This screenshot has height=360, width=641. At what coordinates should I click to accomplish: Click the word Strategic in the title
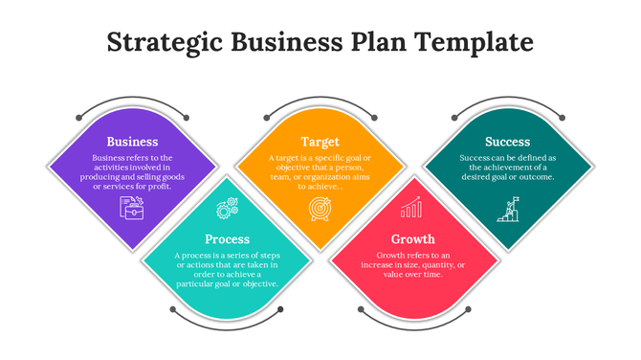(x=164, y=42)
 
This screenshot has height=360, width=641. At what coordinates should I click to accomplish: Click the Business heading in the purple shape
(x=132, y=142)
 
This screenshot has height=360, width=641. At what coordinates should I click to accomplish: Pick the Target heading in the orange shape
(x=320, y=142)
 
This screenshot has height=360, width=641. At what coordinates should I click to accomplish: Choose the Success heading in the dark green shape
(x=507, y=142)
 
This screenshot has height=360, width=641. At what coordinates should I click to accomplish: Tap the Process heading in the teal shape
(x=227, y=238)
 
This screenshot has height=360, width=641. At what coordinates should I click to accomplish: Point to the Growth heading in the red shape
(x=413, y=238)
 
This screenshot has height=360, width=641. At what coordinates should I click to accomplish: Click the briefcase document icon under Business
(x=132, y=207)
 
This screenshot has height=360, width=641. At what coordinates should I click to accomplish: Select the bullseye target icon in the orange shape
(x=320, y=209)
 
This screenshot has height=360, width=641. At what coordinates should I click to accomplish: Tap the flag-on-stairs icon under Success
(x=507, y=210)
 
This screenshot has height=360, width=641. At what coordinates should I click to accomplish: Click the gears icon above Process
(x=227, y=207)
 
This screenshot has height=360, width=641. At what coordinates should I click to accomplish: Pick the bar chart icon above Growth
(x=412, y=208)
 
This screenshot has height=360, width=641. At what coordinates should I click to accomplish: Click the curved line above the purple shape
(x=132, y=98)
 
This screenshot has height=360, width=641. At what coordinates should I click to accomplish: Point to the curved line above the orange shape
(x=320, y=98)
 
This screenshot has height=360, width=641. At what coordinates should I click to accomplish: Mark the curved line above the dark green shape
(x=507, y=98)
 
